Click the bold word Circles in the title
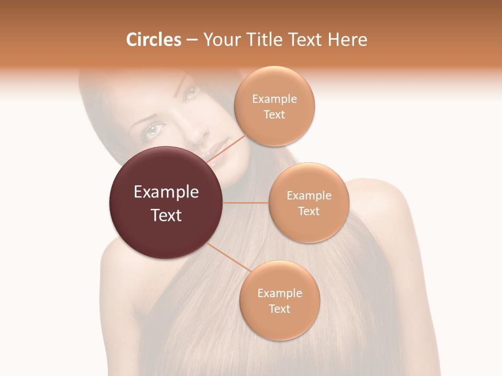tap(154, 40)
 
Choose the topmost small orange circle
tap(274, 107)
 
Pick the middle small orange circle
tap(309, 203)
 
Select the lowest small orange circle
tap(279, 301)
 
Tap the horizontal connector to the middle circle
tap(246, 203)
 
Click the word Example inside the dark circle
tap(166, 192)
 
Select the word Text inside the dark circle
tap(166, 215)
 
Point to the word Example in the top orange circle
tap(274, 99)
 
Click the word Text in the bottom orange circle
tap(279, 309)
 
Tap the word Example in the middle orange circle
tap(309, 195)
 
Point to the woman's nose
tap(196, 133)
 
